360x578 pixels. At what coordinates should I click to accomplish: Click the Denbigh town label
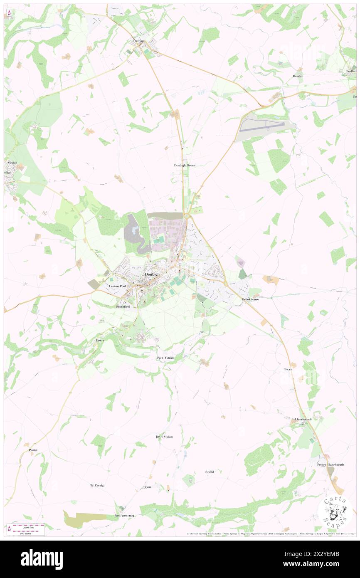[152, 275]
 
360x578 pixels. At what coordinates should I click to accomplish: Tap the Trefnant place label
[138, 41]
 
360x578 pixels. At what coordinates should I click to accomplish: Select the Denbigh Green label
[185, 165]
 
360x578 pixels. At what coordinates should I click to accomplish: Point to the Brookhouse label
[251, 299]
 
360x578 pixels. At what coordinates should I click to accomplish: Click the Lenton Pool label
[117, 286]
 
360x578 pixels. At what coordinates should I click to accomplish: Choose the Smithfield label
[123, 306]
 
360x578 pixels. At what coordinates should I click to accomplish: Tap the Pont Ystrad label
[165, 358]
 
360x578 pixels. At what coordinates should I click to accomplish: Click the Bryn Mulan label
[164, 437]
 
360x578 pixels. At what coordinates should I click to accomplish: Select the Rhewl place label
[210, 472]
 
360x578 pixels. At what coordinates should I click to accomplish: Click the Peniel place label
[33, 450]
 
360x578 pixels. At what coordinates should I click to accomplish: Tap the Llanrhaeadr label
[303, 419]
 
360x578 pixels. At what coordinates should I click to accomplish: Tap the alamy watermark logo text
[42, 559]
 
